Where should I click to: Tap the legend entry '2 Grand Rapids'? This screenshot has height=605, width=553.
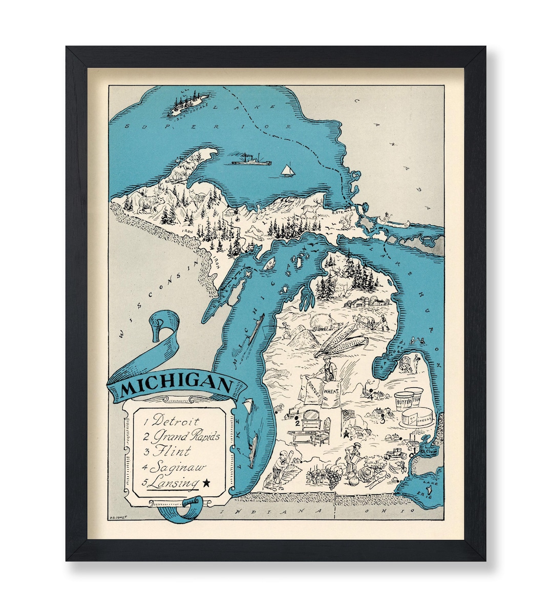click(181, 436)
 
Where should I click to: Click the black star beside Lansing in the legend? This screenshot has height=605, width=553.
click(206, 482)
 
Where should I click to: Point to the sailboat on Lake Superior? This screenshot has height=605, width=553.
click(288, 170)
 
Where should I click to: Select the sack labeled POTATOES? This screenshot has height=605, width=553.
click(310, 392)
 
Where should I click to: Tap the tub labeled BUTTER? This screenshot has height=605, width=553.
click(404, 402)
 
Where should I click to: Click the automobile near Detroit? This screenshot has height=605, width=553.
click(395, 453)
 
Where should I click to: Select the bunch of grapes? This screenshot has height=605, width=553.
click(333, 480)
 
